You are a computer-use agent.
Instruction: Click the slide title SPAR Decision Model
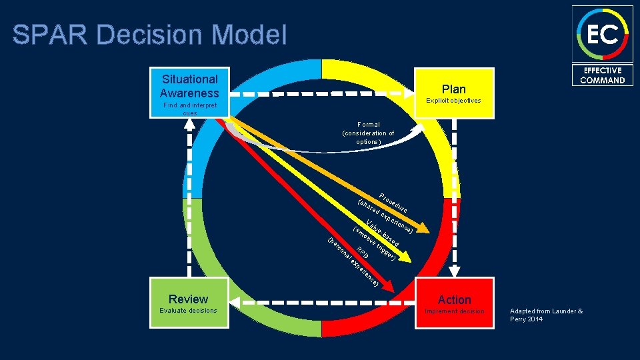point(149,35)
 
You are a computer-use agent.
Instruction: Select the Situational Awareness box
point(189,86)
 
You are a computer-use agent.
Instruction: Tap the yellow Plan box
point(454,89)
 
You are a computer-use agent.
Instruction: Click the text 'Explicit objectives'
point(454,101)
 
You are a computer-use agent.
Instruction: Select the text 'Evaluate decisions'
point(188,311)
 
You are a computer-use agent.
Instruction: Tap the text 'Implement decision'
point(454,311)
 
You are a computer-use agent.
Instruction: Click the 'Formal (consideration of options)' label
point(368,133)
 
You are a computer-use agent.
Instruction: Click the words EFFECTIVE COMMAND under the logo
point(602,75)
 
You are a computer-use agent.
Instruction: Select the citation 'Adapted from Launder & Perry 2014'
point(546,315)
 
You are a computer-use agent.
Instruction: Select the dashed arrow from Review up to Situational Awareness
point(189,200)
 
